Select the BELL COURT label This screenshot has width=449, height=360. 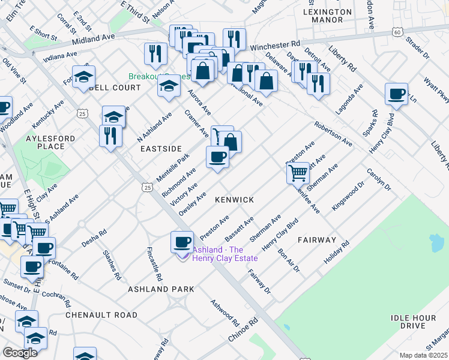pos(114,88)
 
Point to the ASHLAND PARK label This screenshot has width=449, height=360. pos(161,289)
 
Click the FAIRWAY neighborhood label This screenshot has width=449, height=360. pos(316,240)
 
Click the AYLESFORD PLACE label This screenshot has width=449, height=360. pos(51,142)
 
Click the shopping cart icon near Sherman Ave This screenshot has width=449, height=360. pos(298,173)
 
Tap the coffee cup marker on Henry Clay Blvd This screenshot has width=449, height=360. pos(396,94)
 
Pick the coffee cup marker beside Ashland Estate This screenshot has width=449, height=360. pos(182,242)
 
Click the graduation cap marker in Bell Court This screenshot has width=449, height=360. pos(83,77)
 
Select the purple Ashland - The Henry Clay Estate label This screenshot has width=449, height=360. pos(225,254)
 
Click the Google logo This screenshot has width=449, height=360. pos(20,352)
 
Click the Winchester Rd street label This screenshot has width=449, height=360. pos(274,46)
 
